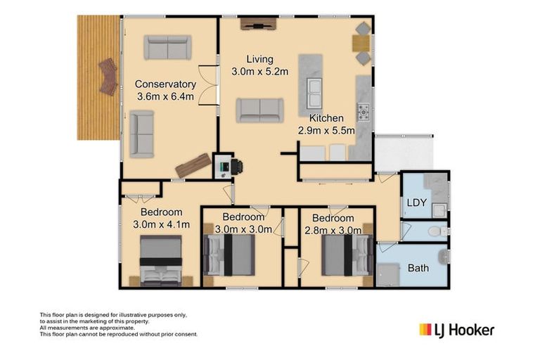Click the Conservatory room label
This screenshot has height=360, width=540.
pos(165,84)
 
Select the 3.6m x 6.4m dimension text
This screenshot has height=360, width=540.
pos(165,96)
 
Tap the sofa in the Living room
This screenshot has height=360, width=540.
pos(259,110)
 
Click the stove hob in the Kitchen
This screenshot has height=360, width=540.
pos(363,112)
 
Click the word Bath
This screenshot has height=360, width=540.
pos(417,268)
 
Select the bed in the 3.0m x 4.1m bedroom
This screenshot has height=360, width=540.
pos(161,261)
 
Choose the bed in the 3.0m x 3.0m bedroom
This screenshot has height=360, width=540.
pos(229,254)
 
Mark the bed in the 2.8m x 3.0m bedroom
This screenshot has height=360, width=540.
pos(347,254)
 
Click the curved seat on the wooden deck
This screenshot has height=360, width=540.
pos(108,76)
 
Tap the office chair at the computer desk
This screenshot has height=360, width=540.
pos(236,167)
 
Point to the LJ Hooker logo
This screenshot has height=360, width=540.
pos(456,329)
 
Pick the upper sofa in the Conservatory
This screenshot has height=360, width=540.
pos(167,47)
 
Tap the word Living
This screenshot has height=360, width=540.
pos(259,59)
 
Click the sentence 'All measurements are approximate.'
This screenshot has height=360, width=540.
pos(87,328)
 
